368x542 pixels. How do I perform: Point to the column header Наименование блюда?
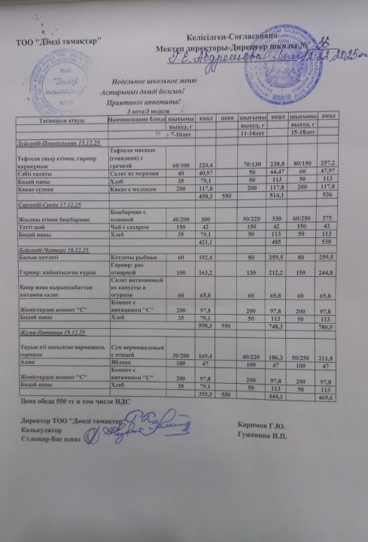pos(137,120)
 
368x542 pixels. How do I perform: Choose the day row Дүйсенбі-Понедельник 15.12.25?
pos(55,142)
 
